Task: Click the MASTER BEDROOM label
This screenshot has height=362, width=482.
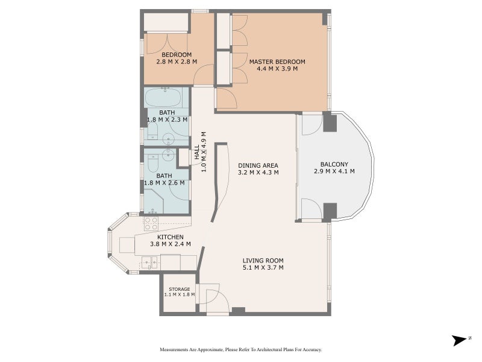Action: pos(277,62)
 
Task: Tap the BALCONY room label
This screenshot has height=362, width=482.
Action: pos(333,164)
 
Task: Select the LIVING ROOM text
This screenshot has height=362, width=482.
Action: pos(259,260)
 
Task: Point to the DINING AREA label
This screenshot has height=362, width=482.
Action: pos(258,165)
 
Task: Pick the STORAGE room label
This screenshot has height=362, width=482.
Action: pos(179,289)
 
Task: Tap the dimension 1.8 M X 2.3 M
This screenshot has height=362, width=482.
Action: pos(166,120)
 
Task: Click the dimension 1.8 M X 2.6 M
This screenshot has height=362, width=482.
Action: pos(166,183)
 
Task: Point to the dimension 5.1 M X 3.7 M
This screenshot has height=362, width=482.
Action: pos(259,267)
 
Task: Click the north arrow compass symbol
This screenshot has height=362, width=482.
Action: pos(462,340)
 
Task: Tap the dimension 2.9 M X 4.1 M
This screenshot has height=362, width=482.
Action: pos(334,171)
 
